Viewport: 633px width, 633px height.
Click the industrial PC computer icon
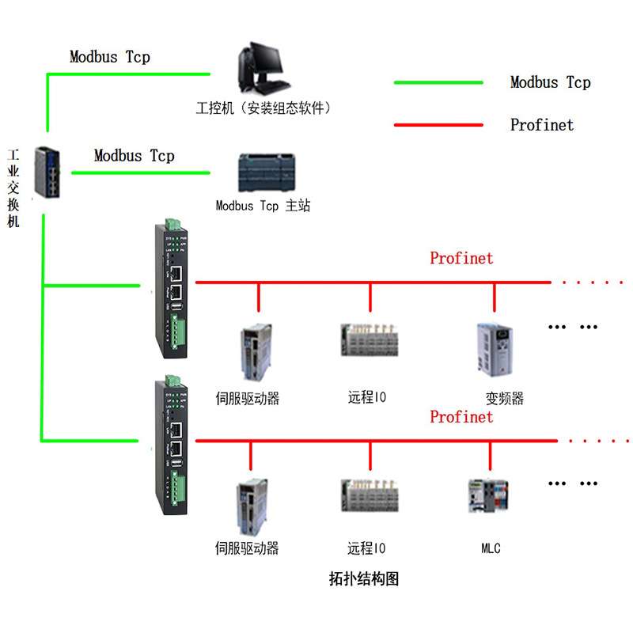point(261,70)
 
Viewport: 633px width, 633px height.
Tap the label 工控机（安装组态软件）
point(263,108)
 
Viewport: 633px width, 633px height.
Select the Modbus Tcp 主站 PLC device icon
point(263,172)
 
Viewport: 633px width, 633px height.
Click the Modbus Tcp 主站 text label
point(263,206)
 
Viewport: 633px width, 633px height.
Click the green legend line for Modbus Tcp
point(438,82)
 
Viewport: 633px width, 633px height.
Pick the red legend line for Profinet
point(438,124)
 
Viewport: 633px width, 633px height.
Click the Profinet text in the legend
point(542,124)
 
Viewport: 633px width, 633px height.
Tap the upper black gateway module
point(172,289)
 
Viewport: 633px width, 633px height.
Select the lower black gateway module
point(172,447)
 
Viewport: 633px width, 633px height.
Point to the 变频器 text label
point(505,397)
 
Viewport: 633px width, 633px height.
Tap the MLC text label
point(491,548)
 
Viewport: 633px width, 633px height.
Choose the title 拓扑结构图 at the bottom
point(364,578)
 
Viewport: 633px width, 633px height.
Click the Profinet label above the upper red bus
point(461,258)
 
